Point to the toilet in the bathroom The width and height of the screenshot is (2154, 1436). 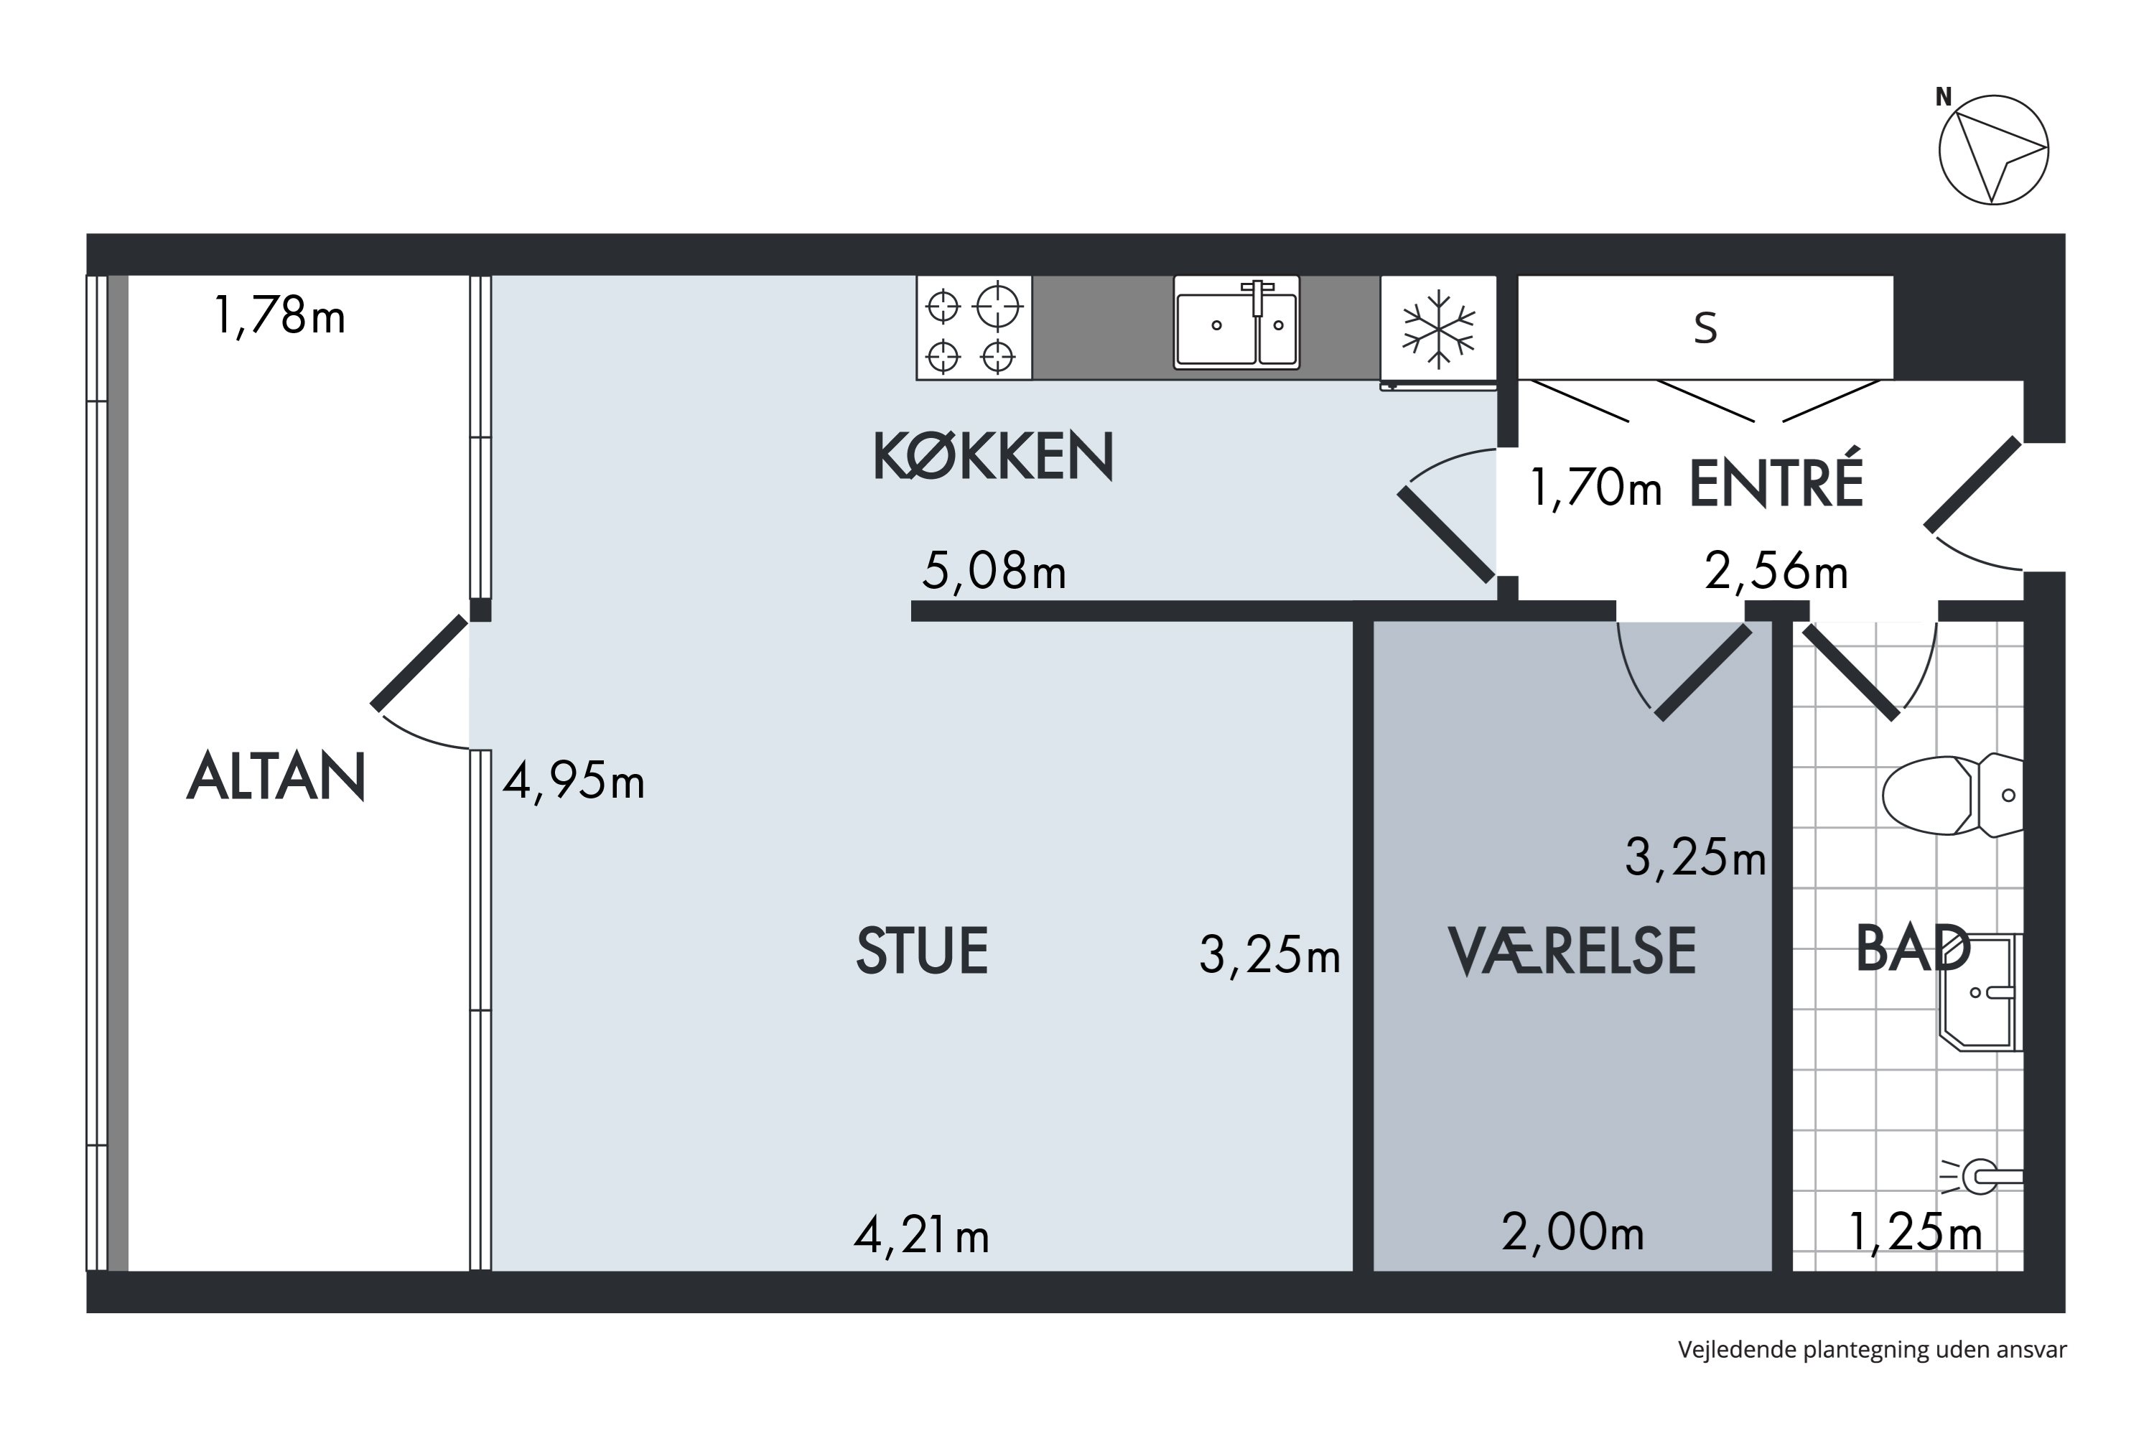click(x=1951, y=795)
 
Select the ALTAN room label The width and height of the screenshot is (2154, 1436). click(x=276, y=777)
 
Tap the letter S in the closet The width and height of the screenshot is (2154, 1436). click(x=1705, y=328)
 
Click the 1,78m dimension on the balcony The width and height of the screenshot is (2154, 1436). click(x=279, y=316)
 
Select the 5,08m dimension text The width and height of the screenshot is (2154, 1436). click(x=994, y=571)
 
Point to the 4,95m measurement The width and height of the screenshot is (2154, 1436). click(x=573, y=781)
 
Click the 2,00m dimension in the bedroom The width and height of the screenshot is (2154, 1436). click(x=1572, y=1232)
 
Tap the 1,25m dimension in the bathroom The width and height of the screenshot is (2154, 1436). click(x=1914, y=1232)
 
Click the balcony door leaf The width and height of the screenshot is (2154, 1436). click(x=419, y=663)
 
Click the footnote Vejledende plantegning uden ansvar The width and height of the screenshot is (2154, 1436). click(x=1872, y=1350)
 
